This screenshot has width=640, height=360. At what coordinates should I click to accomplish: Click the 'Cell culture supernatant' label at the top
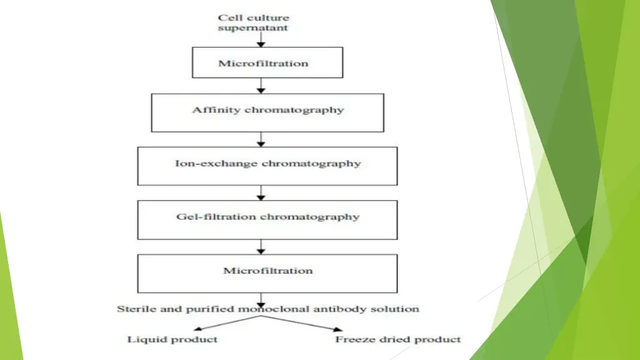pyautogui.click(x=253, y=23)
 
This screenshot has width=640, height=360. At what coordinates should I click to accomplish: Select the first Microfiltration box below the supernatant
pyautogui.click(x=267, y=62)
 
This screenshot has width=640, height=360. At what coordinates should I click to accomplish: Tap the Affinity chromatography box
pyautogui.click(x=267, y=112)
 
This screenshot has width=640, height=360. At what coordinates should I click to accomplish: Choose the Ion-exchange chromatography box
pyautogui.click(x=267, y=166)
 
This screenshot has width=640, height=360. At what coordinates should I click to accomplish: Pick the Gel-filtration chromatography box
pyautogui.click(x=267, y=219)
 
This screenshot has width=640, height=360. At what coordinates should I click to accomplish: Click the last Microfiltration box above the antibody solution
pyautogui.click(x=267, y=272)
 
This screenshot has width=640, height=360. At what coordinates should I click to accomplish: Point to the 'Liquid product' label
pyautogui.click(x=172, y=339)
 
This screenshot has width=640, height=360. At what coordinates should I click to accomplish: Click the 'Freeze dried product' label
pyautogui.click(x=398, y=339)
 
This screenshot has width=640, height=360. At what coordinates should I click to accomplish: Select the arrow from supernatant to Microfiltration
pyautogui.click(x=261, y=39)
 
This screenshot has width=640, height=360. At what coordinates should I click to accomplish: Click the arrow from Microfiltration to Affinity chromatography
pyautogui.click(x=261, y=86)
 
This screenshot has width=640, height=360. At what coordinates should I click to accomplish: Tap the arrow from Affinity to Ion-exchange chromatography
pyautogui.click(x=261, y=139)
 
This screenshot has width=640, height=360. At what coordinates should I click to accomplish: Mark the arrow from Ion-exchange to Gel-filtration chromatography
pyautogui.click(x=261, y=192)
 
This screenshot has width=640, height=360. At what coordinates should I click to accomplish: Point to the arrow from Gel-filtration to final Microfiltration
pyautogui.click(x=261, y=246)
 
